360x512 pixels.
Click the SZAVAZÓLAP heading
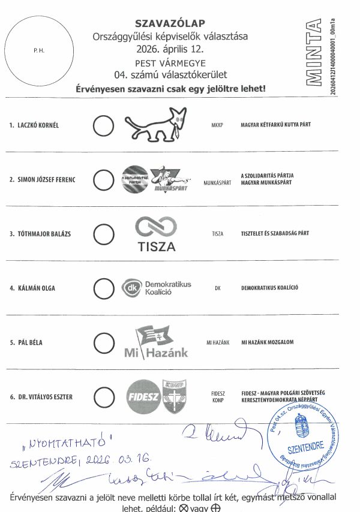170,23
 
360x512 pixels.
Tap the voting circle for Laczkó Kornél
104,125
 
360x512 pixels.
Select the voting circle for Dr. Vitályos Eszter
104,396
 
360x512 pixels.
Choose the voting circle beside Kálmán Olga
104,288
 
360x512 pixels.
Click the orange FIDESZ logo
142,396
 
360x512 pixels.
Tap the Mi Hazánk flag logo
156,342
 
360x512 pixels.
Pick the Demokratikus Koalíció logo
157,288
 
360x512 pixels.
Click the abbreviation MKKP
217,126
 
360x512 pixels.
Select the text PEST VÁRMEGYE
170,63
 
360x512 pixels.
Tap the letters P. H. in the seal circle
39,51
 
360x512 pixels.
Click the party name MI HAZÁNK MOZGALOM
267,342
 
